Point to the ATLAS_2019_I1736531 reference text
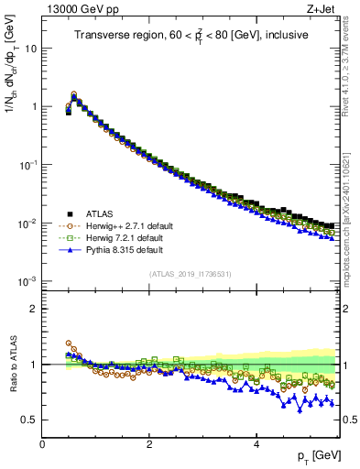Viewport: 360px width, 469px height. (191, 274)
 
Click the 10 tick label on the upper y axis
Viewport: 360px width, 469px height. (30, 48)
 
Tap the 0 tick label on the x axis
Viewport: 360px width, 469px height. (42, 444)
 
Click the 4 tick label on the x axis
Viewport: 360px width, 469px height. (256, 444)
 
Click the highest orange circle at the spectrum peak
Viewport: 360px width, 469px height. (74, 94)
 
